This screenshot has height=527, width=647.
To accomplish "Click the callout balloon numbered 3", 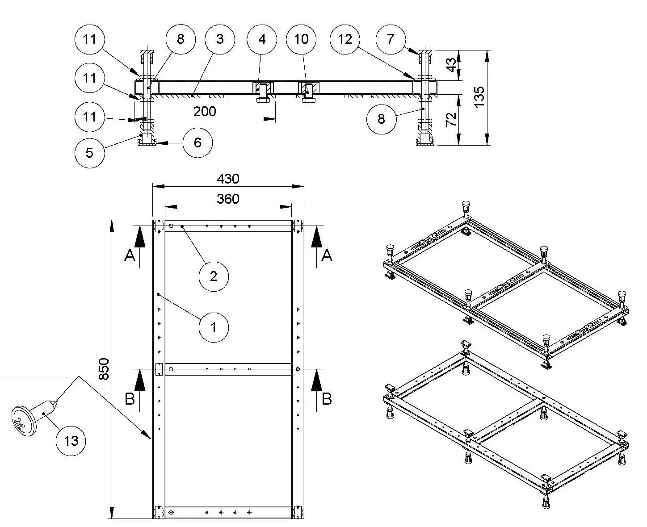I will pos(219,39).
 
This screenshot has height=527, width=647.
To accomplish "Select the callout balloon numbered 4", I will pos(262,39).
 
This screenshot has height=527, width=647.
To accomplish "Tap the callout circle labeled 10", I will pos(302,39).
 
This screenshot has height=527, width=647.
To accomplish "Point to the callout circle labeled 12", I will pos(345,39).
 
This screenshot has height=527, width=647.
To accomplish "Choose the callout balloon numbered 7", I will pos(391,39).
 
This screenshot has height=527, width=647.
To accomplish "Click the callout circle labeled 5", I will pos(90,153).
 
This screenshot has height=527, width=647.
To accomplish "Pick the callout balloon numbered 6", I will pos(197,142).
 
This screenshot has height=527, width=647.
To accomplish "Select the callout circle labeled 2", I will pos(214,276).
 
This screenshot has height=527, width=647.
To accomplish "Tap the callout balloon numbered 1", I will pos(214,327).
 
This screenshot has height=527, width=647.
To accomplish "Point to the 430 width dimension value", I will pos(228,179).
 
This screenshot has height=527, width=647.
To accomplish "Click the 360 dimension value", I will pos(228,199).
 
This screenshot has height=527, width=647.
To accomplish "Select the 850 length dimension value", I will pos(103,369).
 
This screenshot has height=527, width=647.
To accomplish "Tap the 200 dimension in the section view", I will pos(205,111).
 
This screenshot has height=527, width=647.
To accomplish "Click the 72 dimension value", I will pos(452,119).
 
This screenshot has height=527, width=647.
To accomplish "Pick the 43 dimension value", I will pos(452,65).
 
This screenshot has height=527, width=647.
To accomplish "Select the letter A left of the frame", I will pos(130,256).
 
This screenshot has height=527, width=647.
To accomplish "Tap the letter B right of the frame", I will pos(327,399).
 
